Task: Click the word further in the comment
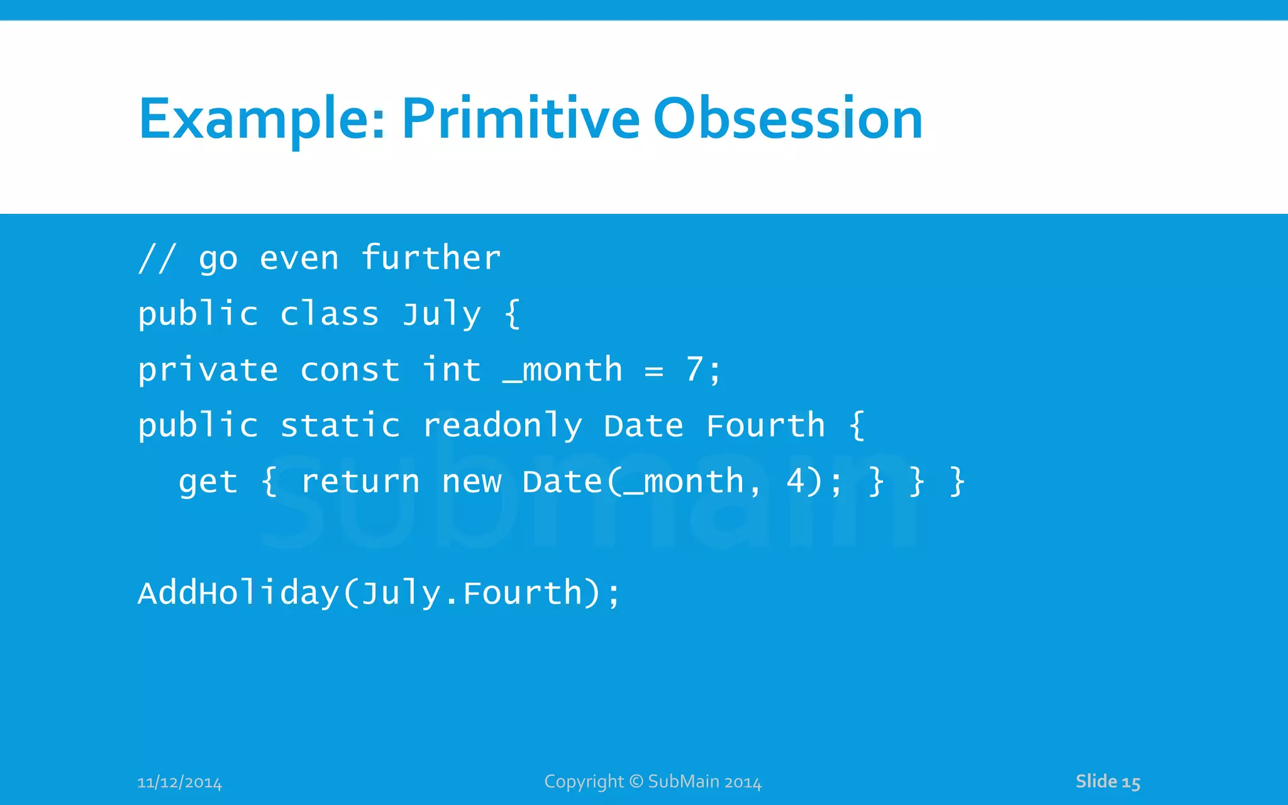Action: [431, 258]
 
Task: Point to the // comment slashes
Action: [157, 258]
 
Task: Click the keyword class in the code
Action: [329, 314]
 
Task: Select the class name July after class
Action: [441, 314]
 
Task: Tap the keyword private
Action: [208, 370]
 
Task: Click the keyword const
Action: [350, 370]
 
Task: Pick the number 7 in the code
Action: [694, 369]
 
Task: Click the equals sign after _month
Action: [654, 371]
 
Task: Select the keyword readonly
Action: [502, 426]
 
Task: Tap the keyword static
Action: [340, 426]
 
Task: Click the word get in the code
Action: [208, 483]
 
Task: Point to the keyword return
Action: [360, 482]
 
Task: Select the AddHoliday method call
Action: [238, 593]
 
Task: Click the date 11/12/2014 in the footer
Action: [179, 782]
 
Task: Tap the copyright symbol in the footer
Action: [636, 781]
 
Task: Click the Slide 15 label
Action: [1108, 782]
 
